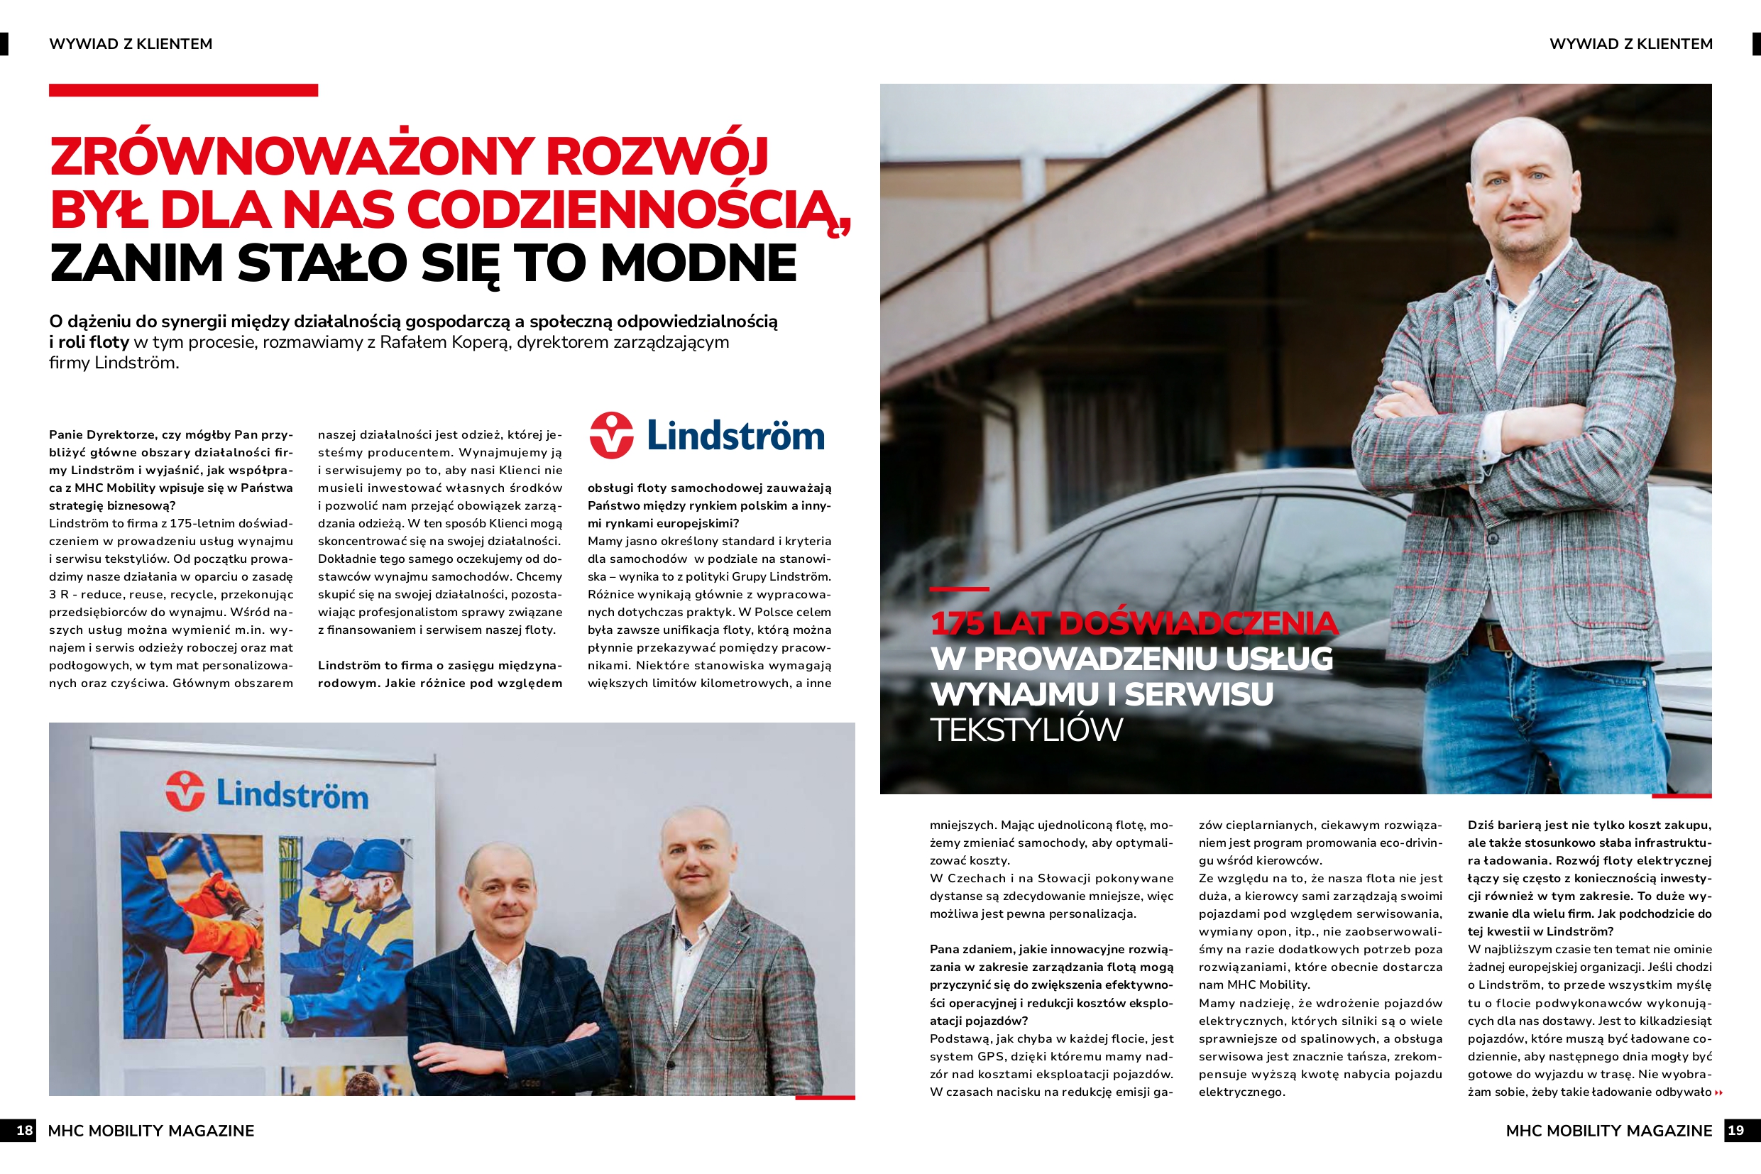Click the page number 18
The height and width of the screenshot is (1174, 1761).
pos(24,1131)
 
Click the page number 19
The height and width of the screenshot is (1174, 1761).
pos(1735,1130)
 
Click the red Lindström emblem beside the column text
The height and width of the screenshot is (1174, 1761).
pos(612,435)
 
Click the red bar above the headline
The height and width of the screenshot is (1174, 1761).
pos(183,91)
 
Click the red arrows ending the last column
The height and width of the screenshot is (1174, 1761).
pos(1719,1093)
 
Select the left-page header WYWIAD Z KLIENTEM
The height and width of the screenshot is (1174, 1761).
pos(131,44)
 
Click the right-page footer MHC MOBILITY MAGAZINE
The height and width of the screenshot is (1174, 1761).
pos(1608,1131)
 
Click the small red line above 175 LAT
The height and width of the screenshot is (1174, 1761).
pos(959,589)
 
